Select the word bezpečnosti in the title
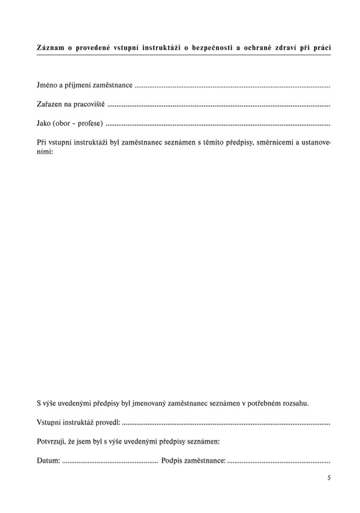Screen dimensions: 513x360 coord(211,47)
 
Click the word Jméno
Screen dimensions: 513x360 coord(46,85)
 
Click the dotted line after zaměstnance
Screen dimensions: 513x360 coord(232,86)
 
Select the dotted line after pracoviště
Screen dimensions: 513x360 coord(219,105)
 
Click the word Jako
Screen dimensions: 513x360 coord(44,123)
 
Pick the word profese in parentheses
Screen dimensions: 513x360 coord(90,123)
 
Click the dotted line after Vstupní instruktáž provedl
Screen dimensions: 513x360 coord(226,423)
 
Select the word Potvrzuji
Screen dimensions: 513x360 coord(51,442)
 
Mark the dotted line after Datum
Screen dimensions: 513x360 coord(110,461)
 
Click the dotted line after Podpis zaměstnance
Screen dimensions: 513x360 coord(279,461)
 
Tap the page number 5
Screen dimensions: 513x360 coord(329,477)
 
